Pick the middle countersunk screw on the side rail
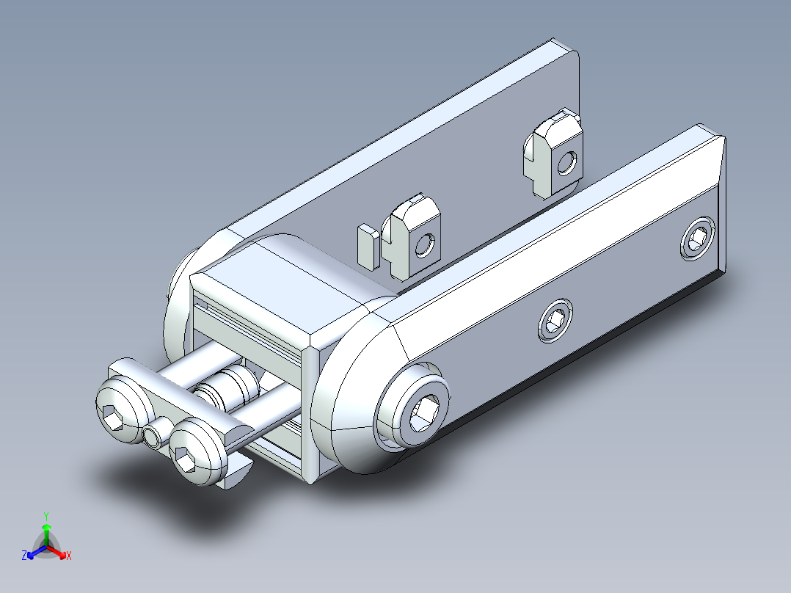coord(555,321)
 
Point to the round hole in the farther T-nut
coord(566,163)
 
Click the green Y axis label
coord(45,516)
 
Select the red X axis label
coord(69,556)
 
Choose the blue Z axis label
coord(24,556)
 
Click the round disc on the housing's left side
coord(176,308)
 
